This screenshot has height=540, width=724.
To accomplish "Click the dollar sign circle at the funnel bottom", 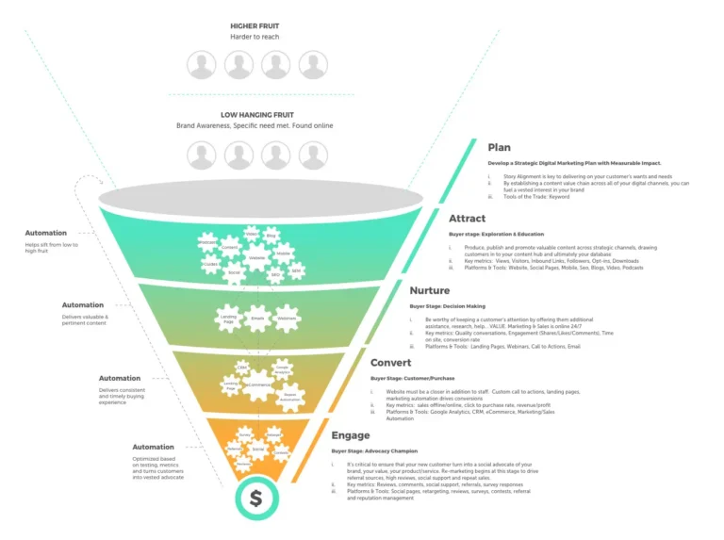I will click(255, 499).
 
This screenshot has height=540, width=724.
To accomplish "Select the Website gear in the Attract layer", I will click(256, 257).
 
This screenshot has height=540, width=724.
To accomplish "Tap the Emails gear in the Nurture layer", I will click(257, 319).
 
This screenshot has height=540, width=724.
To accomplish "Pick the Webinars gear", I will click(287, 319).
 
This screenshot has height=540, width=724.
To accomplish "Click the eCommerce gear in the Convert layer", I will click(257, 385).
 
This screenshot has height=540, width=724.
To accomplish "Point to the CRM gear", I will click(242, 368).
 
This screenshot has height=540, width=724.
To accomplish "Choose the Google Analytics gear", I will click(281, 369).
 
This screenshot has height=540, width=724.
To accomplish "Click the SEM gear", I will click(295, 270).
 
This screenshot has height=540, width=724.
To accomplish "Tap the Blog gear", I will click(271, 236).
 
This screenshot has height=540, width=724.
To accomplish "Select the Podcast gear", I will click(207, 243).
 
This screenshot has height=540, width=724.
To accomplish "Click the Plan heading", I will click(499, 147).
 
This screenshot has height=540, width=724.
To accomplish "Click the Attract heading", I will click(468, 219).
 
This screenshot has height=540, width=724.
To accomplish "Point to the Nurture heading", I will click(429, 290).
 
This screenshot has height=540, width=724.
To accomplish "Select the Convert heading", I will click(390, 363).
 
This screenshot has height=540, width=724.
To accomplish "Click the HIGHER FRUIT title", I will click(255, 25).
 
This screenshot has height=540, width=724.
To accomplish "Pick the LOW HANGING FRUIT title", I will click(255, 114).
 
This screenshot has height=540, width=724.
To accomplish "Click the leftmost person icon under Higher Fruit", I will click(201, 65).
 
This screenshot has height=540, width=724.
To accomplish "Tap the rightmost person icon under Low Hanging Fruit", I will click(313, 155).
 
